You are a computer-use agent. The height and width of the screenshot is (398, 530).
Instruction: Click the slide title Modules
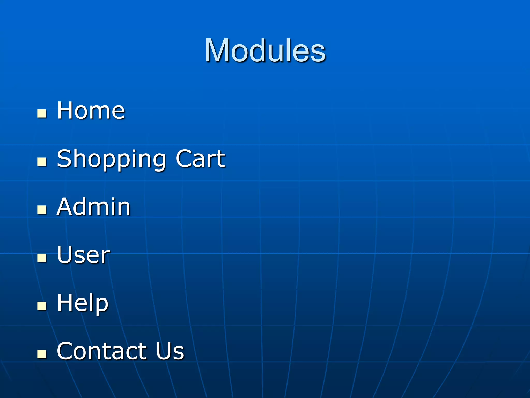265,51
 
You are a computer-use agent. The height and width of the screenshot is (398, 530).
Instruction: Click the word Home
91,111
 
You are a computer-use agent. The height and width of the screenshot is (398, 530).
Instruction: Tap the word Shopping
111,159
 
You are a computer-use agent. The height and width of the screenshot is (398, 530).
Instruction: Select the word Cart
200,158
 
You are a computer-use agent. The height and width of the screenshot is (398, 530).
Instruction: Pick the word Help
83,303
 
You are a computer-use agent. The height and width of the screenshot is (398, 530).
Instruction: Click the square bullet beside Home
42,113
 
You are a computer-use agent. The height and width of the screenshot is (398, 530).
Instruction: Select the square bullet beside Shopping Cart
42,162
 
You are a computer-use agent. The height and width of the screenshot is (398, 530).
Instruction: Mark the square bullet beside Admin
42,210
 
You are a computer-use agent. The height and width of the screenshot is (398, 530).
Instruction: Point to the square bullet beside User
42,258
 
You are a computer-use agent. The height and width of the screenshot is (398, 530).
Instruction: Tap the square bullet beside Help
42,306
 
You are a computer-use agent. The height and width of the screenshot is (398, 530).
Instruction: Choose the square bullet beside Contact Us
42,354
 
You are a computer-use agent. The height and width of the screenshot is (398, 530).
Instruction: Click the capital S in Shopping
64,158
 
